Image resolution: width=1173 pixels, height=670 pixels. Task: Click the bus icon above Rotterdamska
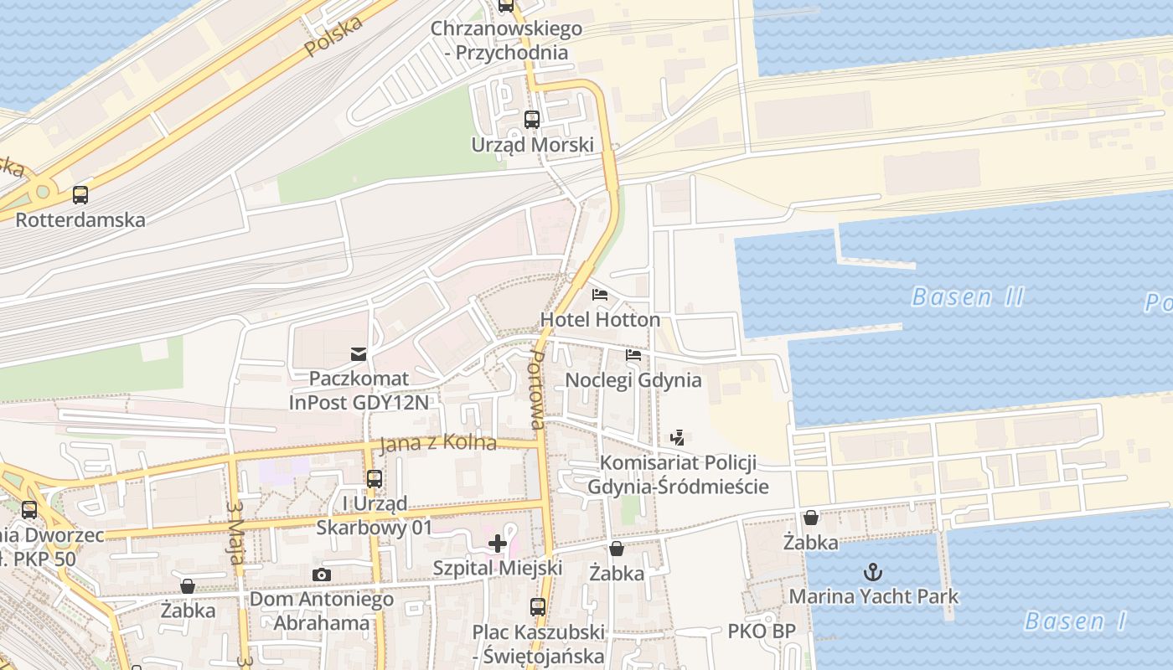80,195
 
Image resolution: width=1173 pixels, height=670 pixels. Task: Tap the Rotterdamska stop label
80,220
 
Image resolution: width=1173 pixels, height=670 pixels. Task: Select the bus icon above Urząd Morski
532,120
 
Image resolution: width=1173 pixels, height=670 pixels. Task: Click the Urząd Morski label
532,145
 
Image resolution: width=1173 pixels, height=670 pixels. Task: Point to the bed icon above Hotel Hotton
600,295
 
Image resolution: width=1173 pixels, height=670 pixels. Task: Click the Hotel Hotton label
600,320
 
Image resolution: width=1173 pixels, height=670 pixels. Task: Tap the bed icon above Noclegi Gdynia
633,355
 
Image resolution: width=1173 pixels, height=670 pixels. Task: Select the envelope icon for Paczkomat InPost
359,353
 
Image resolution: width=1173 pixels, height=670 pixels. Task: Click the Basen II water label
968,297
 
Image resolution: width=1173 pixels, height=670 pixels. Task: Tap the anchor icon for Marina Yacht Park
874,572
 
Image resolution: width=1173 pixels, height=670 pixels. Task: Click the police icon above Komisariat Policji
678,437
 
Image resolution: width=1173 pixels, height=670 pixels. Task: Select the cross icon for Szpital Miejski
498,544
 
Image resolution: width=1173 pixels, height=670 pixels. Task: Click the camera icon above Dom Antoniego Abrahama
322,575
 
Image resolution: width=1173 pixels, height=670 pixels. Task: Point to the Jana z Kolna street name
437,443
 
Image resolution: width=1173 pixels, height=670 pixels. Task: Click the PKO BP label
761,631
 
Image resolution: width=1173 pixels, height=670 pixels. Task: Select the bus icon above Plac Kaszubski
538,607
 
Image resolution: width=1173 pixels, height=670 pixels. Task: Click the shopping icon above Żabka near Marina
810,518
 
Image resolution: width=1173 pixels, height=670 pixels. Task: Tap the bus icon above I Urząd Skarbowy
374,479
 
